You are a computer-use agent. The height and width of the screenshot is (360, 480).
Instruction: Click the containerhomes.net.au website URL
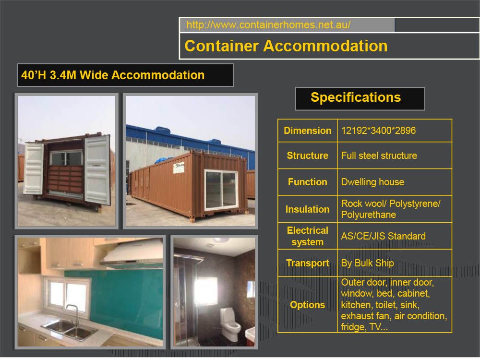coord(268,25)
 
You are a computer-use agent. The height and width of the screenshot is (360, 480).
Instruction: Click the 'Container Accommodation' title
coord(286,46)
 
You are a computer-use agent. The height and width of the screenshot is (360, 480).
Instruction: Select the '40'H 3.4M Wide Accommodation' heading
coord(113,75)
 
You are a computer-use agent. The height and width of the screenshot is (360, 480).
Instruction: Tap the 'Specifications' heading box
coord(356,98)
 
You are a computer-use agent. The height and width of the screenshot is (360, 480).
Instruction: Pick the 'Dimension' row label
coord(307,131)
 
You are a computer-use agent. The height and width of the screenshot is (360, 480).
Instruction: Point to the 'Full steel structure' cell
coord(379,156)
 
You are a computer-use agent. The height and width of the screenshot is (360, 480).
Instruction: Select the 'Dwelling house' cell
coord(372,182)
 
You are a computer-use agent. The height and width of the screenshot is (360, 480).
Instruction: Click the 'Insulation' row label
coord(307,209)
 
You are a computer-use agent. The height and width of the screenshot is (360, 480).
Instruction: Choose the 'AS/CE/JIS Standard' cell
coord(383,236)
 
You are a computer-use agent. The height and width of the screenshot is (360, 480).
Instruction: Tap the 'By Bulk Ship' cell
coord(367,263)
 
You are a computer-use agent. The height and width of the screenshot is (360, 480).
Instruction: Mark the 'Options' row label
coord(307,305)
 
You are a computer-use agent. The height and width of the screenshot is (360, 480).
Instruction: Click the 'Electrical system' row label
coord(307,236)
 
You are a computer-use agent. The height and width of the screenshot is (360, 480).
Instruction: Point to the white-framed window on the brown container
coord(221,190)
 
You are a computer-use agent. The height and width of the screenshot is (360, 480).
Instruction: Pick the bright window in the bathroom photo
coord(206,291)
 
